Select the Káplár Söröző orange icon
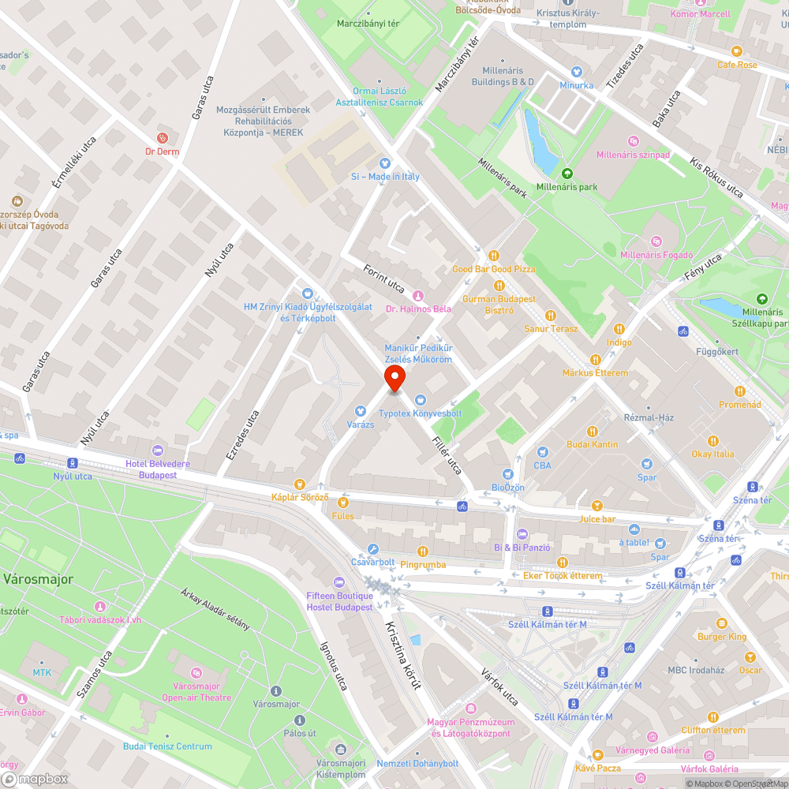[299, 484]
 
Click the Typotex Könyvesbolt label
[420, 413]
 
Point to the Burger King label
[721, 637]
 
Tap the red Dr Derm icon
[163, 137]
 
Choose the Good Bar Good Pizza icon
[494, 255]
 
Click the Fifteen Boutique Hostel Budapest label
[340, 601]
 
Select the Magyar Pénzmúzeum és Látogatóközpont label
[470, 727]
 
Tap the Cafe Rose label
[737, 65]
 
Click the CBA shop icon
[542, 452]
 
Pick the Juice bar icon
[597, 505]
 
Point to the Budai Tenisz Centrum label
[167, 746]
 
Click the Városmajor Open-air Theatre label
[196, 692]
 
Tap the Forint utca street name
[383, 279]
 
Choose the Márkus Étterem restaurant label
[595, 372]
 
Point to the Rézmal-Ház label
[649, 417]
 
